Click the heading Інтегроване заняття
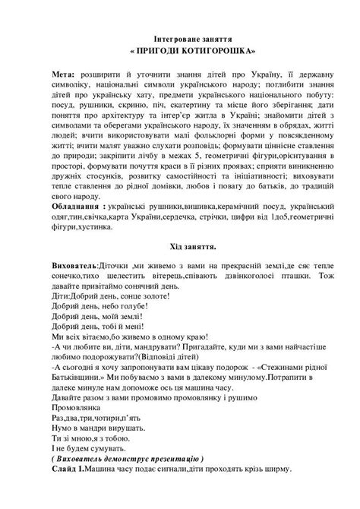click(180, 37)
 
